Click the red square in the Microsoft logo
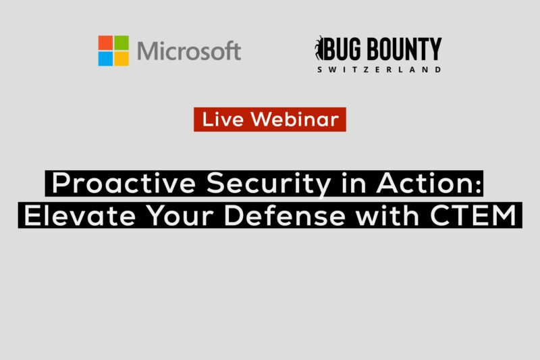tap(105, 43)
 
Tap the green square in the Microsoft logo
tap(122, 43)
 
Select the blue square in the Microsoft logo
tap(105, 59)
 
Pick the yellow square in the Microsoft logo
tap(122, 59)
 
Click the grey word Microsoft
tap(189, 51)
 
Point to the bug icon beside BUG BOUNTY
tap(319, 48)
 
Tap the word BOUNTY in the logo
tap(404, 49)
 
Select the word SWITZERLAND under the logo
tap(379, 70)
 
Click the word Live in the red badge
tap(223, 119)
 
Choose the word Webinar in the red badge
tap(295, 119)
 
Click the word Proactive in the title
tap(124, 183)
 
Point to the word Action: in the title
tap(429, 183)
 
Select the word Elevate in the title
tap(80, 215)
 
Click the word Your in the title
tap(179, 215)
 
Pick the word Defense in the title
tap(284, 215)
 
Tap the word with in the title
tap(387, 215)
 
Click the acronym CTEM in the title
tap(473, 215)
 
